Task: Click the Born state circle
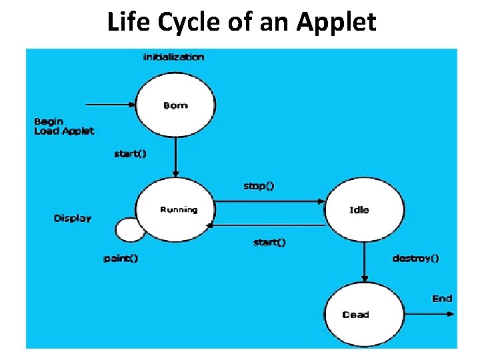(175, 105)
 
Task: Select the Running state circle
(175, 209)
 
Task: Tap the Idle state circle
(364, 209)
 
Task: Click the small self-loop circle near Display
(129, 230)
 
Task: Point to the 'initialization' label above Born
(174, 57)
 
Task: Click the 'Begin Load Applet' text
(63, 126)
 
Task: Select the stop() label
(259, 186)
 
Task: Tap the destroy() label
(415, 257)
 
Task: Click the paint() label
(121, 257)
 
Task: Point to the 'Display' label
(73, 218)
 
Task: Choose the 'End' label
(442, 298)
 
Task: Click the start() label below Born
(131, 154)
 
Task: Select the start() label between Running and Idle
(269, 242)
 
